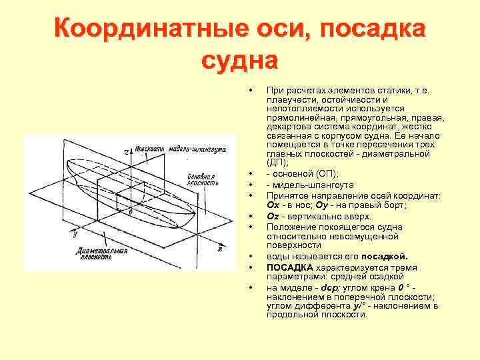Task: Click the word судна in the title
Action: tap(239, 61)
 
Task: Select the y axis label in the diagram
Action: tap(75, 234)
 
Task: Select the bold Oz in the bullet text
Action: tap(273, 216)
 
